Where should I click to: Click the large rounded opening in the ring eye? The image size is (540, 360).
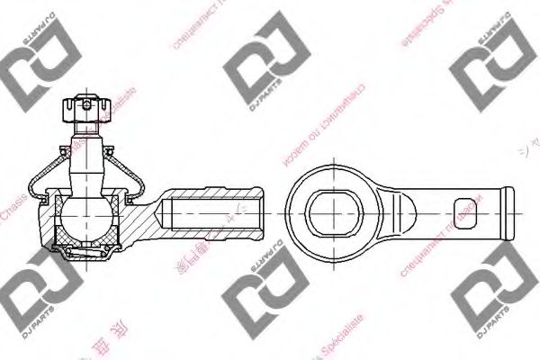[336, 211]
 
